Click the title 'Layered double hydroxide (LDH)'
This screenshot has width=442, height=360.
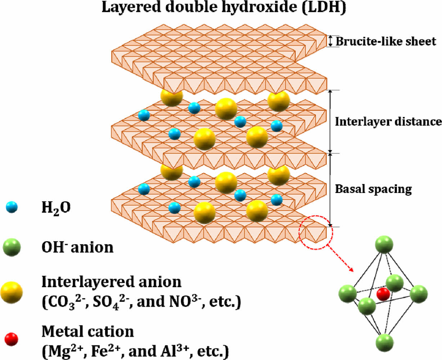point(223,8)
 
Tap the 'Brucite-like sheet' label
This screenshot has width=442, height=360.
point(386,41)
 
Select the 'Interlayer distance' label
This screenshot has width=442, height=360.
point(388,122)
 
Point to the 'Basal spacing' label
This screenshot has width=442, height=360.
point(373,189)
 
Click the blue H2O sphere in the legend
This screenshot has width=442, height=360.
point(12,207)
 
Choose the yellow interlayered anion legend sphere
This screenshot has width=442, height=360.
point(12,292)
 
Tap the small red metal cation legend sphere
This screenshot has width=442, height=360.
point(11,339)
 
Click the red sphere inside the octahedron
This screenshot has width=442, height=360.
point(383,294)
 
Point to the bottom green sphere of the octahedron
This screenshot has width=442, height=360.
point(384,342)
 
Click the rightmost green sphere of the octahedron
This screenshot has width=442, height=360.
point(418,293)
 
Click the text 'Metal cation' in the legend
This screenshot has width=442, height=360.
point(88,331)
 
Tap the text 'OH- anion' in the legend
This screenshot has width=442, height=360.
point(77,247)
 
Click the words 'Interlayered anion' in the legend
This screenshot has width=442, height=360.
point(112,282)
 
